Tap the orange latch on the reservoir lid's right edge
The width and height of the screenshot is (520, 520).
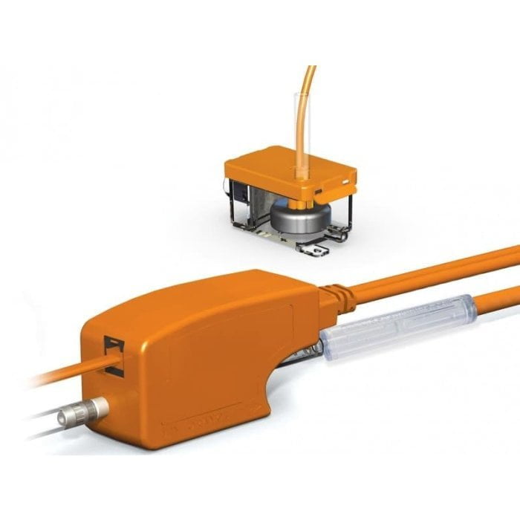click(347, 181)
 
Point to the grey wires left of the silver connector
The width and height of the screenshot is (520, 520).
click(37, 423)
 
